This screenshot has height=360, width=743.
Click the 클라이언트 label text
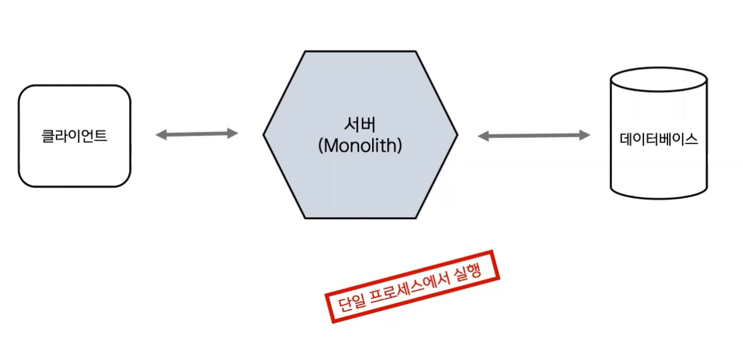click(74, 136)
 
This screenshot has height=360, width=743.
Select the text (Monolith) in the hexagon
click(360, 146)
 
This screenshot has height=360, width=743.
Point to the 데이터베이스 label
click(659, 140)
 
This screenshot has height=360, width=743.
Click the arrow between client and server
click(197, 133)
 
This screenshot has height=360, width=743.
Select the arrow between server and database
click(534, 135)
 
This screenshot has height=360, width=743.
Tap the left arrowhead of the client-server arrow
click(161, 134)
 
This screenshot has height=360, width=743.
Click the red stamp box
click(413, 286)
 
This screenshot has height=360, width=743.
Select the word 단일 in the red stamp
click(348, 305)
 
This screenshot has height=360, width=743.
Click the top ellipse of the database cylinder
click(659, 81)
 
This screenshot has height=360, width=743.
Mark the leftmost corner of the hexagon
click(264, 134)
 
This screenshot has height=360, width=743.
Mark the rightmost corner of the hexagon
click(457, 134)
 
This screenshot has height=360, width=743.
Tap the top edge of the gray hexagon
click(360, 52)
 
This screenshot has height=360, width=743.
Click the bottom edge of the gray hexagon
click(360, 218)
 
